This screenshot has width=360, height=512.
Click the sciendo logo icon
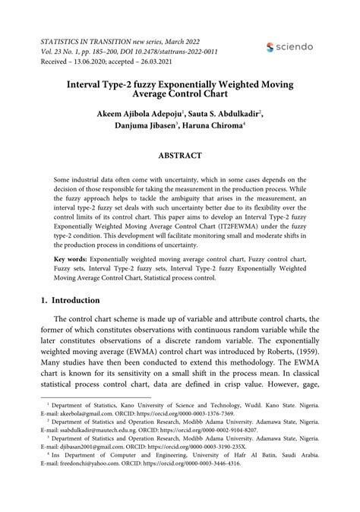click(271, 47)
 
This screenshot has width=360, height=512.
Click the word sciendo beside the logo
click(296, 47)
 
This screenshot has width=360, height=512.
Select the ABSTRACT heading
click(180, 156)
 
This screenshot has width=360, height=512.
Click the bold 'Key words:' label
click(69, 259)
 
